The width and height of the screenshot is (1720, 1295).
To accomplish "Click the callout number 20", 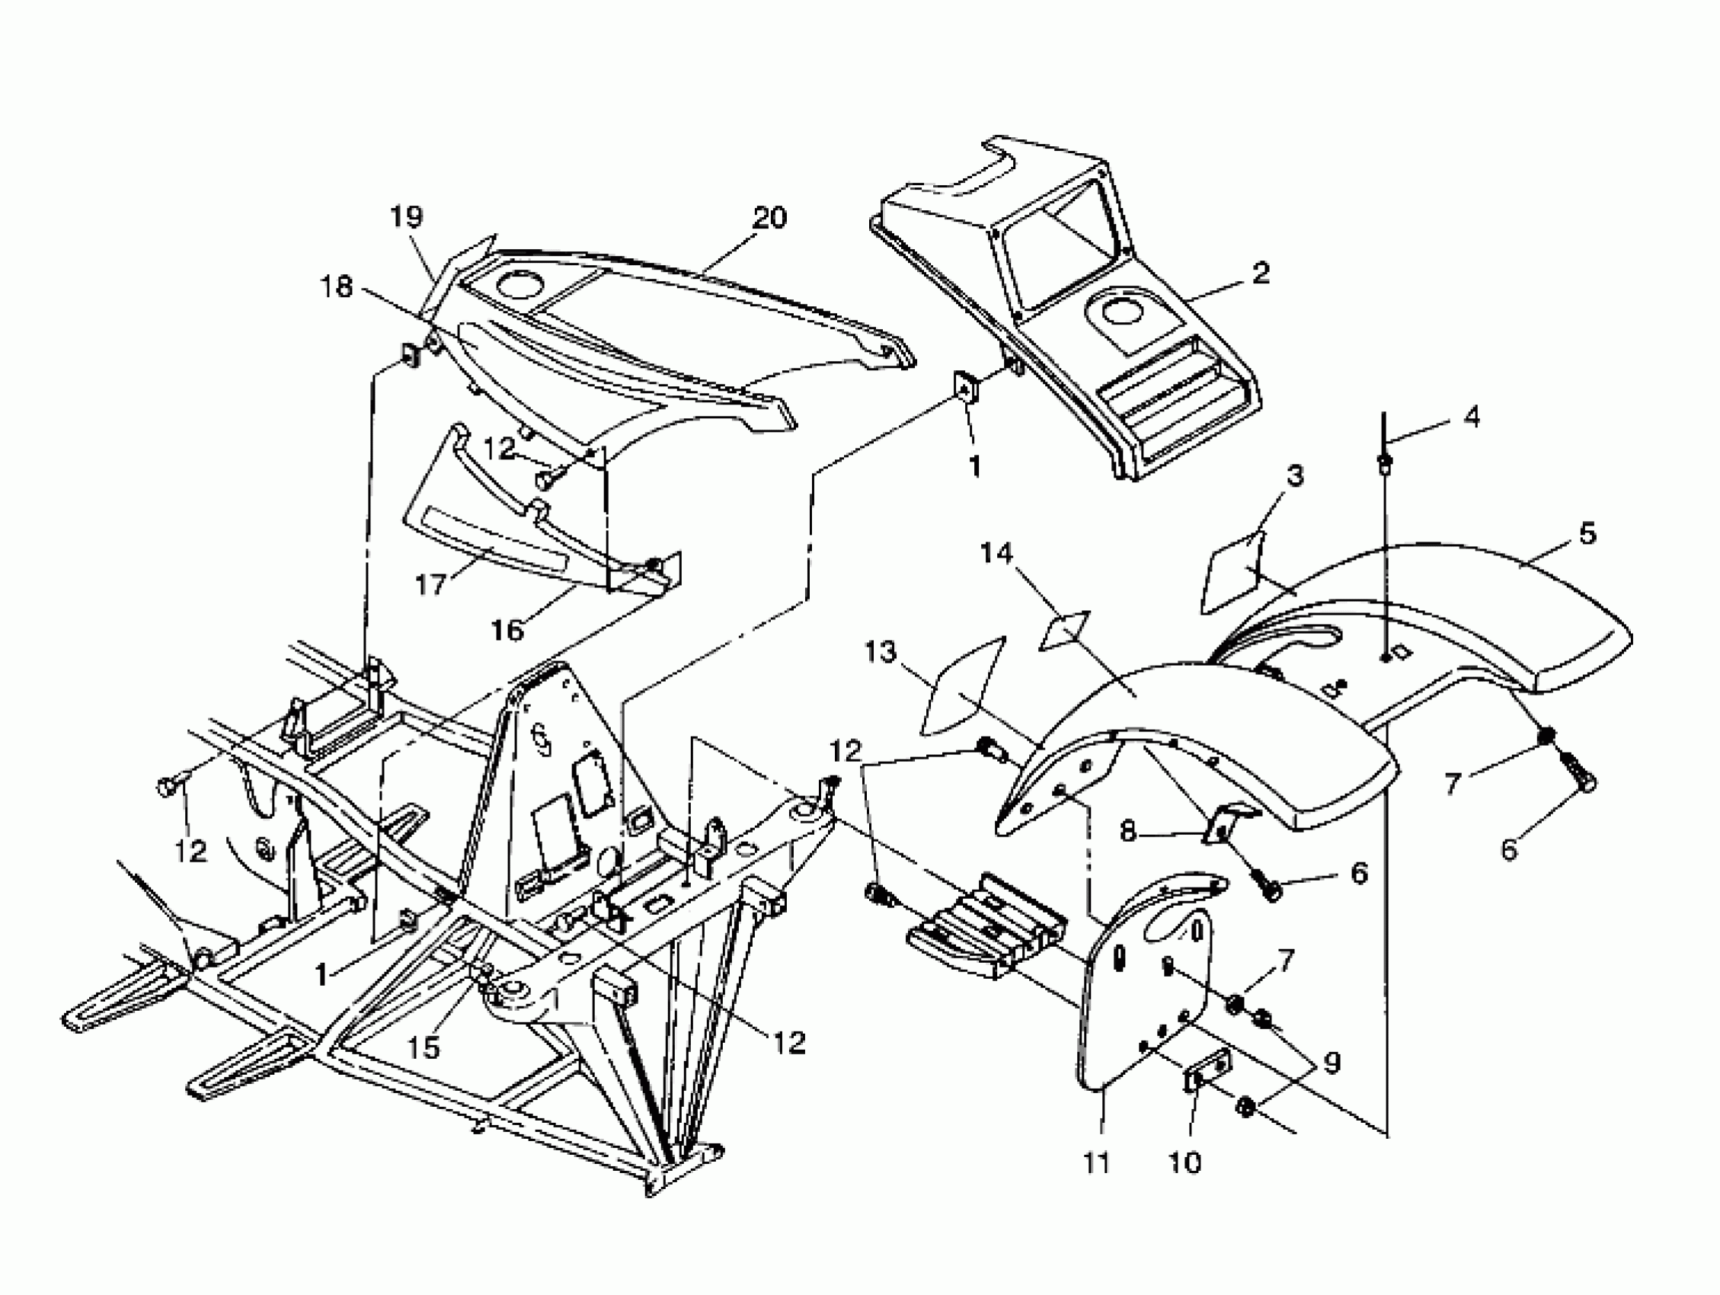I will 769,217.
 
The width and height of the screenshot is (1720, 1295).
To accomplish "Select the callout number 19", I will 406,216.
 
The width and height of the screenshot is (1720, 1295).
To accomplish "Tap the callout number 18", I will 337,287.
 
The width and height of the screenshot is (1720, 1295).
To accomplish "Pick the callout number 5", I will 1587,533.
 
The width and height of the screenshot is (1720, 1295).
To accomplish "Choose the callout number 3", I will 1293,475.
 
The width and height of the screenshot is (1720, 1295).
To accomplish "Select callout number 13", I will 881,652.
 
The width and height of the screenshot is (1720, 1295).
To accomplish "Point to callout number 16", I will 507,629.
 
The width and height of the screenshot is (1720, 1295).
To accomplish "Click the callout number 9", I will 1332,1063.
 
